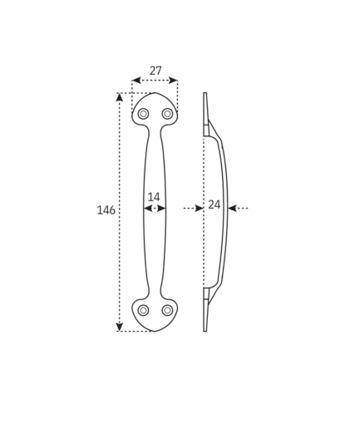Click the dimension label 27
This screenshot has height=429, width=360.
pyautogui.click(x=155, y=71)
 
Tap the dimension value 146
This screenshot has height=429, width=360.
pyautogui.click(x=106, y=210)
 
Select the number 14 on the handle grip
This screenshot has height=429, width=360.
pyautogui.click(x=154, y=197)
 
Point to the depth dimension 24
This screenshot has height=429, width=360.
pyautogui.click(x=215, y=205)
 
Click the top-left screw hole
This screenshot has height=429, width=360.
pyautogui.click(x=143, y=114)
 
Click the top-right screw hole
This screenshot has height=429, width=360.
pyautogui.click(x=167, y=114)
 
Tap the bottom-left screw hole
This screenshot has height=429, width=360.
pyautogui.click(x=143, y=310)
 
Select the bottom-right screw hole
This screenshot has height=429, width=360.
pyautogui.click(x=167, y=310)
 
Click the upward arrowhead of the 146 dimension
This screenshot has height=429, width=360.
pyautogui.click(x=119, y=96)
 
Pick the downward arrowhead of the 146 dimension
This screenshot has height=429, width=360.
pyautogui.click(x=119, y=327)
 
